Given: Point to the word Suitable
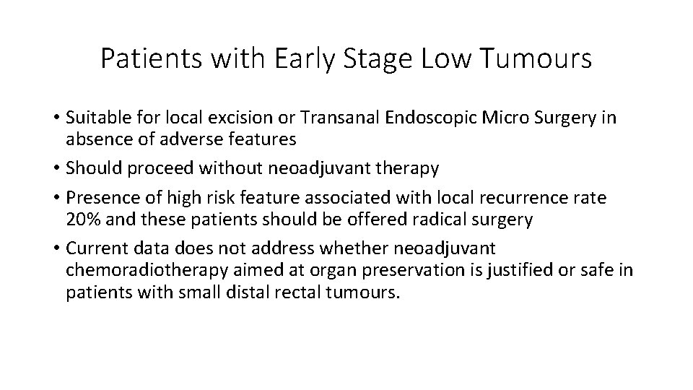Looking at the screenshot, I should pos(95,118).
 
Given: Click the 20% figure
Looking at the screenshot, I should pos(82,220).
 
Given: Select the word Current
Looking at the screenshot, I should pos(94,248).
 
